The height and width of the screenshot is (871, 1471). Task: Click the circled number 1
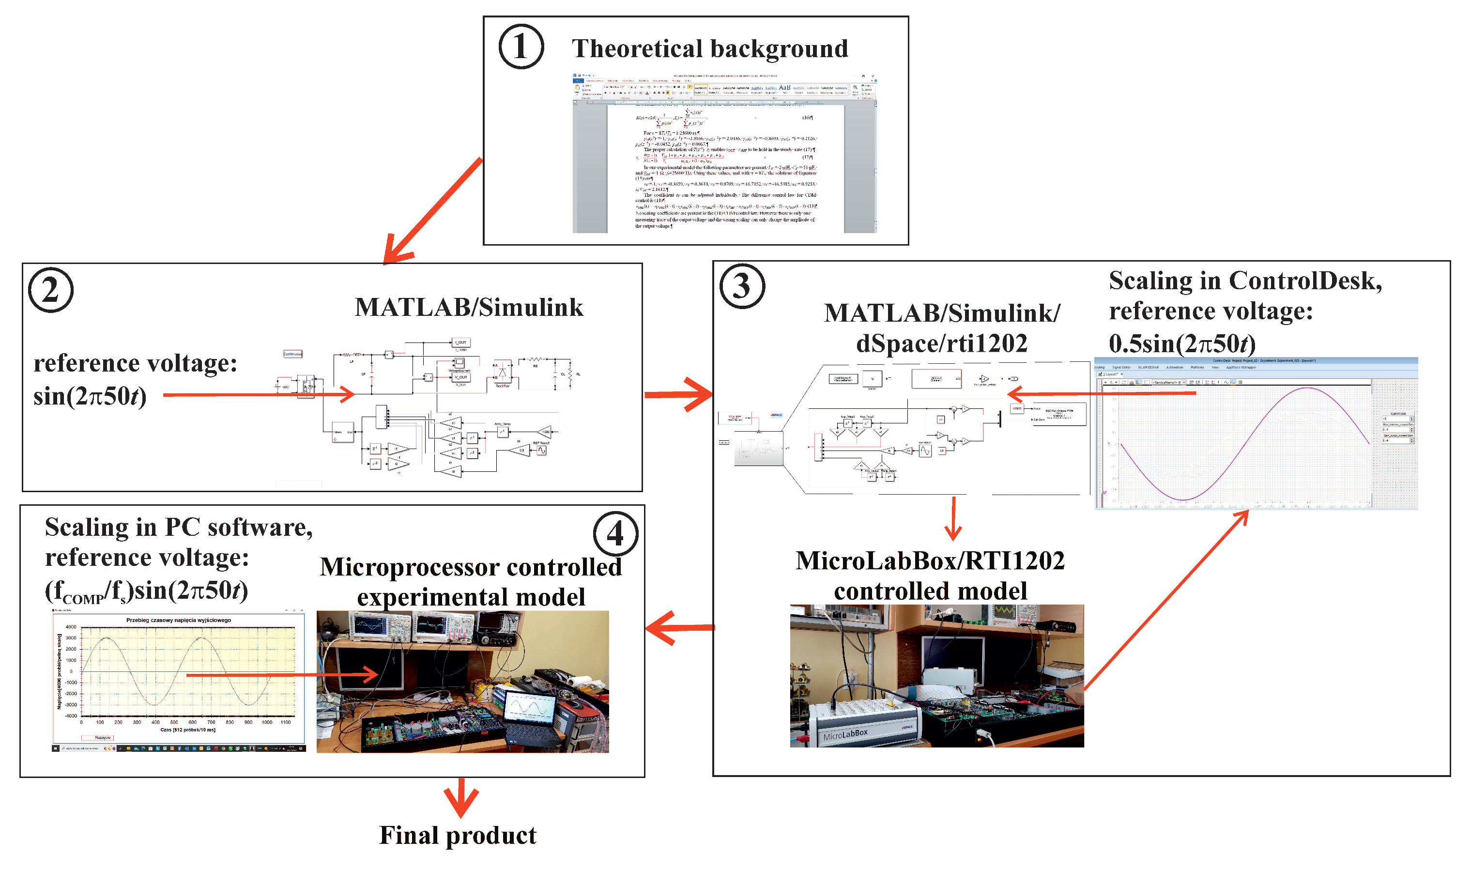pos(521,47)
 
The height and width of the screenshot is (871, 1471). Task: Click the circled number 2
pos(51,291)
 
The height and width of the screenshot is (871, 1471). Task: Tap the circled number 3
pos(741,286)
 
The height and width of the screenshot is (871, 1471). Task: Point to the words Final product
pos(458,835)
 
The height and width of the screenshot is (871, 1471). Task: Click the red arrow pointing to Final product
pos(461,798)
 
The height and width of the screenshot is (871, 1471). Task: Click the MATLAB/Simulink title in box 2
pos(469,308)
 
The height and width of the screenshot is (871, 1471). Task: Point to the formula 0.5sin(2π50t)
pos(1182,343)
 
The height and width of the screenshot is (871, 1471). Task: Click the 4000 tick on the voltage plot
pos(71,627)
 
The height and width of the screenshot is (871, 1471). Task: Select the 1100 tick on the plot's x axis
pos(286,722)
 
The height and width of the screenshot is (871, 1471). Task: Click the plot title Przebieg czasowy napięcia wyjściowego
pos(178,620)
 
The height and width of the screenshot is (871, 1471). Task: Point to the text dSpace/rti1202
pos(941,343)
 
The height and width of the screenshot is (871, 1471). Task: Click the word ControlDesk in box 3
pos(1305,280)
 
